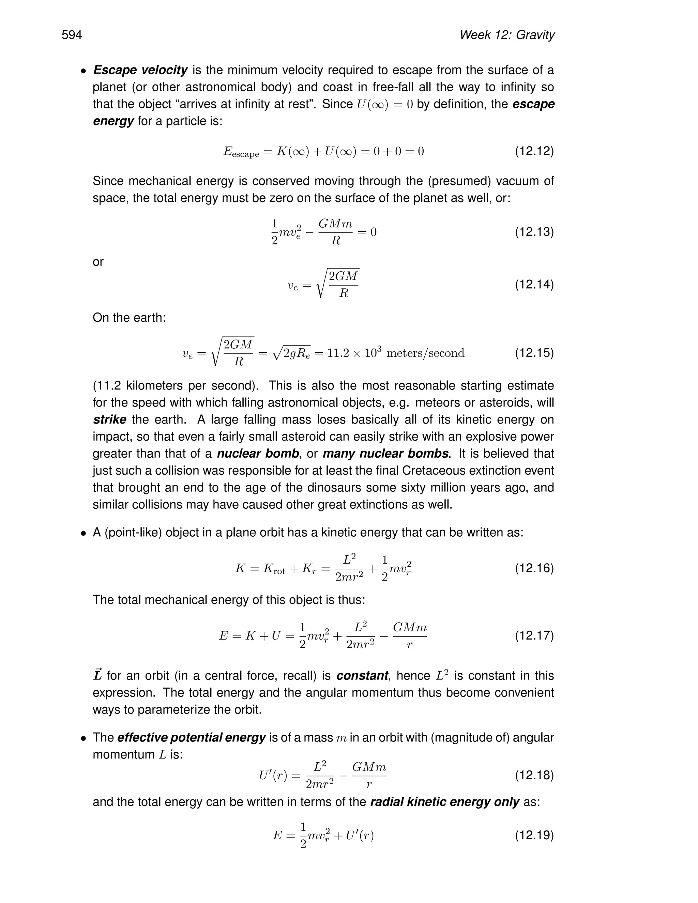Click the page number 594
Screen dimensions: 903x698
click(x=72, y=35)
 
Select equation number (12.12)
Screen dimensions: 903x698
click(x=534, y=151)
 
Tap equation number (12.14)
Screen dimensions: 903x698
click(x=534, y=285)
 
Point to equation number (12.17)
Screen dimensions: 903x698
click(x=534, y=635)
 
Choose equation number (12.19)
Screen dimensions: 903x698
click(x=534, y=835)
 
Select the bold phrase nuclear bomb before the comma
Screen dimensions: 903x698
click(x=258, y=454)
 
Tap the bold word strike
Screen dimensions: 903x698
click(x=110, y=420)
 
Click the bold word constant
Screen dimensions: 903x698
click(x=362, y=676)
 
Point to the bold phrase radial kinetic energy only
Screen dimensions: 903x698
click(x=444, y=802)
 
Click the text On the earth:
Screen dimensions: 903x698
click(x=129, y=318)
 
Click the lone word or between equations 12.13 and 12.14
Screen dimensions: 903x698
click(x=98, y=262)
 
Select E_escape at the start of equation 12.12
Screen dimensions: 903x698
click(x=241, y=152)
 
